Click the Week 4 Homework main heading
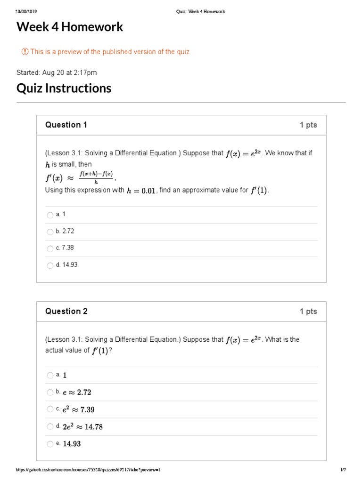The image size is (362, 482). coord(70,27)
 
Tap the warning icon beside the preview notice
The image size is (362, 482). coord(25,52)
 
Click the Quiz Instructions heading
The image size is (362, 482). coord(64,88)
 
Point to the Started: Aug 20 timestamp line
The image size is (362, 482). coord(57,72)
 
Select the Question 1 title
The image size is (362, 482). coord(66,125)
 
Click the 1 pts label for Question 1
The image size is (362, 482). coord(308,125)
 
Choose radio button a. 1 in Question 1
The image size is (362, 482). coord(50,215)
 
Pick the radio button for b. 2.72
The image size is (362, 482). coord(50,232)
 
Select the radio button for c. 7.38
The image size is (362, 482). coord(50,249)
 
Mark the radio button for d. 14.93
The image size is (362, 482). coord(50,265)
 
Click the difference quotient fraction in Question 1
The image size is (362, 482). coord(96,178)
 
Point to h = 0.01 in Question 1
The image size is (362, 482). coord(141,191)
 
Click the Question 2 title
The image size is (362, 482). coord(66,311)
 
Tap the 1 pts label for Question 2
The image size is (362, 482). coord(308,311)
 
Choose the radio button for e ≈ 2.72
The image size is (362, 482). coord(50,392)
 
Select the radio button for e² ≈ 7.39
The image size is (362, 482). coord(50,409)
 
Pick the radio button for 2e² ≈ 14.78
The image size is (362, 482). coord(50,426)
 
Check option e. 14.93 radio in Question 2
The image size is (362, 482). coord(50,443)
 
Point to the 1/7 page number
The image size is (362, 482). coord(343,470)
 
